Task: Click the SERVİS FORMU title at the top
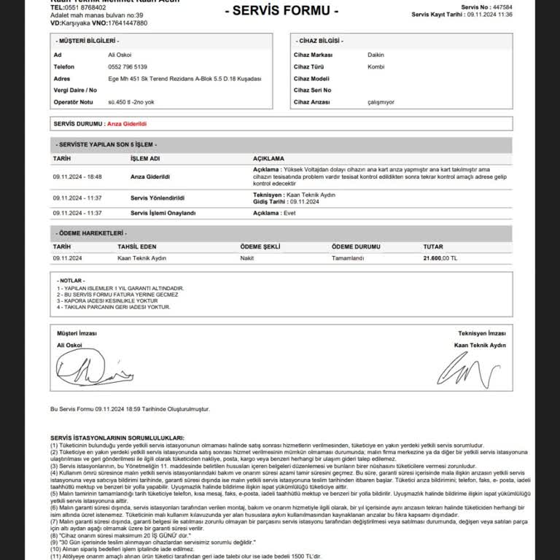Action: pyautogui.click(x=281, y=11)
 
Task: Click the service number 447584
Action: pyautogui.click(x=502, y=7)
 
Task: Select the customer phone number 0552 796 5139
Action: pyautogui.click(x=127, y=66)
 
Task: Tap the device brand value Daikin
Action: pyautogui.click(x=376, y=55)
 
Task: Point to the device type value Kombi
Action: pyautogui.click(x=376, y=66)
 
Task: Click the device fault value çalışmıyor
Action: pyautogui.click(x=381, y=102)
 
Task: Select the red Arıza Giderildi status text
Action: pyautogui.click(x=127, y=125)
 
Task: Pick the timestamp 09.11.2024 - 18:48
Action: pyautogui.click(x=77, y=176)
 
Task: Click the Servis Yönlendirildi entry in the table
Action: pyautogui.click(x=157, y=198)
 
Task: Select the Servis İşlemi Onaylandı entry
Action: pyautogui.click(x=163, y=213)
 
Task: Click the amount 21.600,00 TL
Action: pyautogui.click(x=440, y=258)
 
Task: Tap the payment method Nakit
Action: pyautogui.click(x=246, y=258)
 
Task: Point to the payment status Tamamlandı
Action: pyautogui.click(x=347, y=258)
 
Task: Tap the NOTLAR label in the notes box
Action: pyautogui.click(x=71, y=280)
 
